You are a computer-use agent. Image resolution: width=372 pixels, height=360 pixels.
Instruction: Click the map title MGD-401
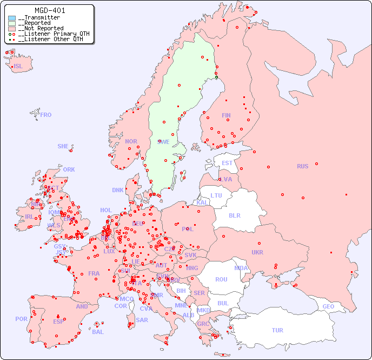tap(50, 10)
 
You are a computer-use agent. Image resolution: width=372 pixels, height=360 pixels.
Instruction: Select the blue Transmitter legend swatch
tap(12, 18)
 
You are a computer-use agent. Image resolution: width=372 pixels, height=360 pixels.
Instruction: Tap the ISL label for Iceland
tap(18, 67)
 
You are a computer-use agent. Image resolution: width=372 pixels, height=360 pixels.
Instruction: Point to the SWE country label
tap(163, 142)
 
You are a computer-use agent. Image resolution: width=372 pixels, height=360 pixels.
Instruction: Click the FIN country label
tap(226, 115)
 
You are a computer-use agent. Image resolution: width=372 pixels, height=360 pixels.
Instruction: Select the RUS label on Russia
tap(302, 166)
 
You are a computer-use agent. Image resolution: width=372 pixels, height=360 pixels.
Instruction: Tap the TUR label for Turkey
tap(277, 330)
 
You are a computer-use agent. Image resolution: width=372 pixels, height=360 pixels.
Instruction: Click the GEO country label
tap(328, 306)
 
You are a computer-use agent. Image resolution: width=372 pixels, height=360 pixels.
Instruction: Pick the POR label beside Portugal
tap(21, 319)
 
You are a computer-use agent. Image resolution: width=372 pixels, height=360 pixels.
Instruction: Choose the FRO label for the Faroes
tap(45, 115)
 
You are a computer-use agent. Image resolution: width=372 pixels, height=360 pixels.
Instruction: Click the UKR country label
tap(257, 252)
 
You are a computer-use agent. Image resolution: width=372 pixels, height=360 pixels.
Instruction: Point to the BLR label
tap(234, 215)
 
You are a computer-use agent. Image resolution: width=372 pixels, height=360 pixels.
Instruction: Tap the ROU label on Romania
tap(221, 279)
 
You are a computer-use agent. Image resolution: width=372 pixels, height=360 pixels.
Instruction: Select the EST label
tap(227, 163)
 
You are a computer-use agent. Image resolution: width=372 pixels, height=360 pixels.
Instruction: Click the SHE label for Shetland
tap(63, 146)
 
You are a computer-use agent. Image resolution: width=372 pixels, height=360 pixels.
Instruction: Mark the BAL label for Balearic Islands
tap(97, 332)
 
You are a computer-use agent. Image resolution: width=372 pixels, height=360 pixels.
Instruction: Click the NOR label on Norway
tap(131, 141)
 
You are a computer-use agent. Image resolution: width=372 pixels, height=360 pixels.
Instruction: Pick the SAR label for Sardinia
tap(142, 320)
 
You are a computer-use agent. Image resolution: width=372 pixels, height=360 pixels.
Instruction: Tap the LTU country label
tap(216, 195)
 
